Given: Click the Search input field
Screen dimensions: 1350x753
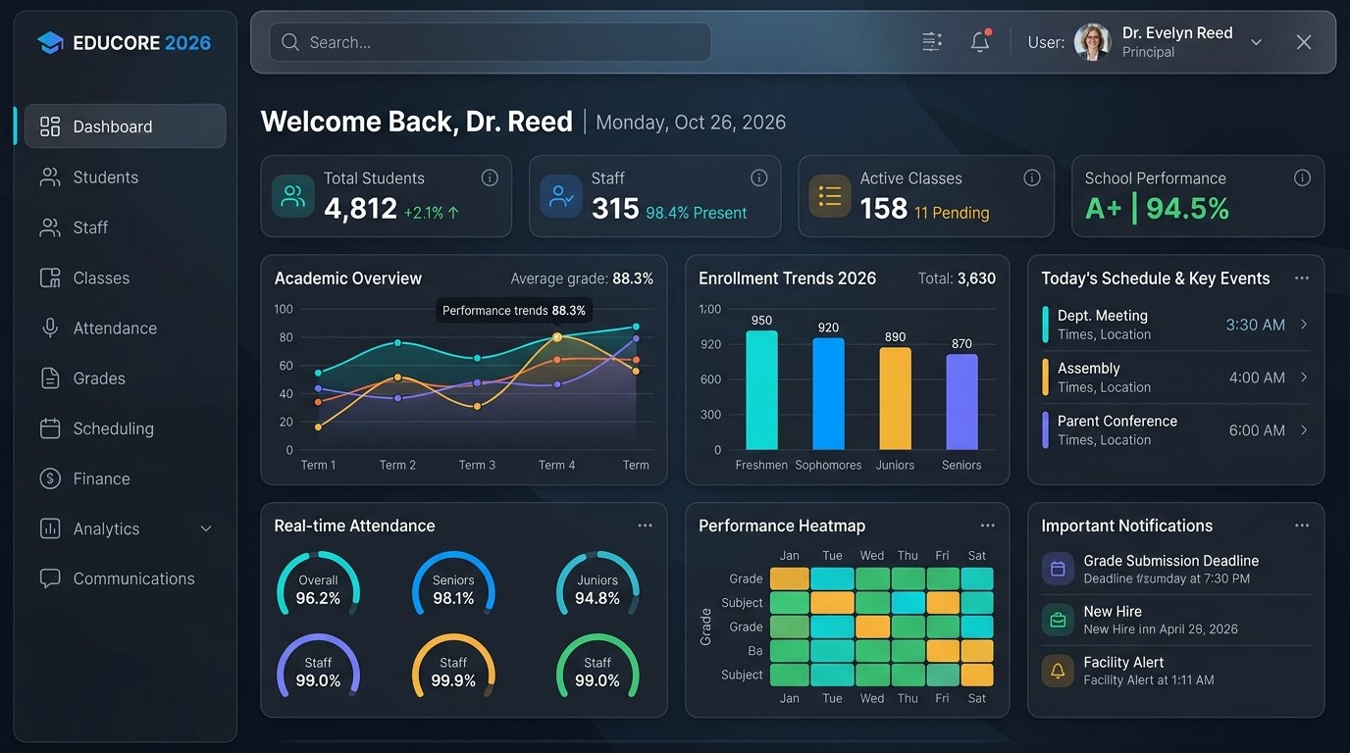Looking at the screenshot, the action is pyautogui.click(x=490, y=42).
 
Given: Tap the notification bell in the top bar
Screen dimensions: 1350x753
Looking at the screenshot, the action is pyautogui.click(x=980, y=41).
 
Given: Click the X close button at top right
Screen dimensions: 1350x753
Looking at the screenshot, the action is pyautogui.click(x=1304, y=42).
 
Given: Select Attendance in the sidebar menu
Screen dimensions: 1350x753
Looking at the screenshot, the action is pyautogui.click(x=115, y=328).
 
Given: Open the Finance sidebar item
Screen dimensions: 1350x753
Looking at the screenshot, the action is pyautogui.click(x=101, y=478).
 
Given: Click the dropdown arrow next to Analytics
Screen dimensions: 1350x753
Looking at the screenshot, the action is pyautogui.click(x=205, y=528).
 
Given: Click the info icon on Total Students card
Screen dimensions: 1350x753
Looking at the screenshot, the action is pyautogui.click(x=490, y=177).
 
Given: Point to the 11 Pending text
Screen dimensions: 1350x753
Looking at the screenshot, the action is pyautogui.click(x=952, y=213).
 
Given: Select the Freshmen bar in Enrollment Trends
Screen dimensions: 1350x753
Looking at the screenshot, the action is pyautogui.click(x=761, y=390).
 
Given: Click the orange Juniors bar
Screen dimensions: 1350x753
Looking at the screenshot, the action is pyautogui.click(x=895, y=399).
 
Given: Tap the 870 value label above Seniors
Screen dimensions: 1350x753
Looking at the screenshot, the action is pyautogui.click(x=961, y=343).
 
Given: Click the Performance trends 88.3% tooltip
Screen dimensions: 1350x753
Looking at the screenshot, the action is pyautogui.click(x=513, y=311).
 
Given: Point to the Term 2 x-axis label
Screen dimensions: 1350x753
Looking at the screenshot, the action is pyautogui.click(x=397, y=465).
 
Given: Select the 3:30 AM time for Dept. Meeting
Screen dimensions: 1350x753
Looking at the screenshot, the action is pyautogui.click(x=1256, y=325).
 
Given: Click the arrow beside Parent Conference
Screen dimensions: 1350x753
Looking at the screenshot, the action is pyautogui.click(x=1304, y=430).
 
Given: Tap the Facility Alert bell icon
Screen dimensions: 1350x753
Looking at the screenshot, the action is pyautogui.click(x=1058, y=671).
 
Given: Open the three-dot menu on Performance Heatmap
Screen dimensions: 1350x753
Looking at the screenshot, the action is pyautogui.click(x=987, y=526).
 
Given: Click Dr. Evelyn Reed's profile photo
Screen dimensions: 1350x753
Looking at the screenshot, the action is pyautogui.click(x=1093, y=42).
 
